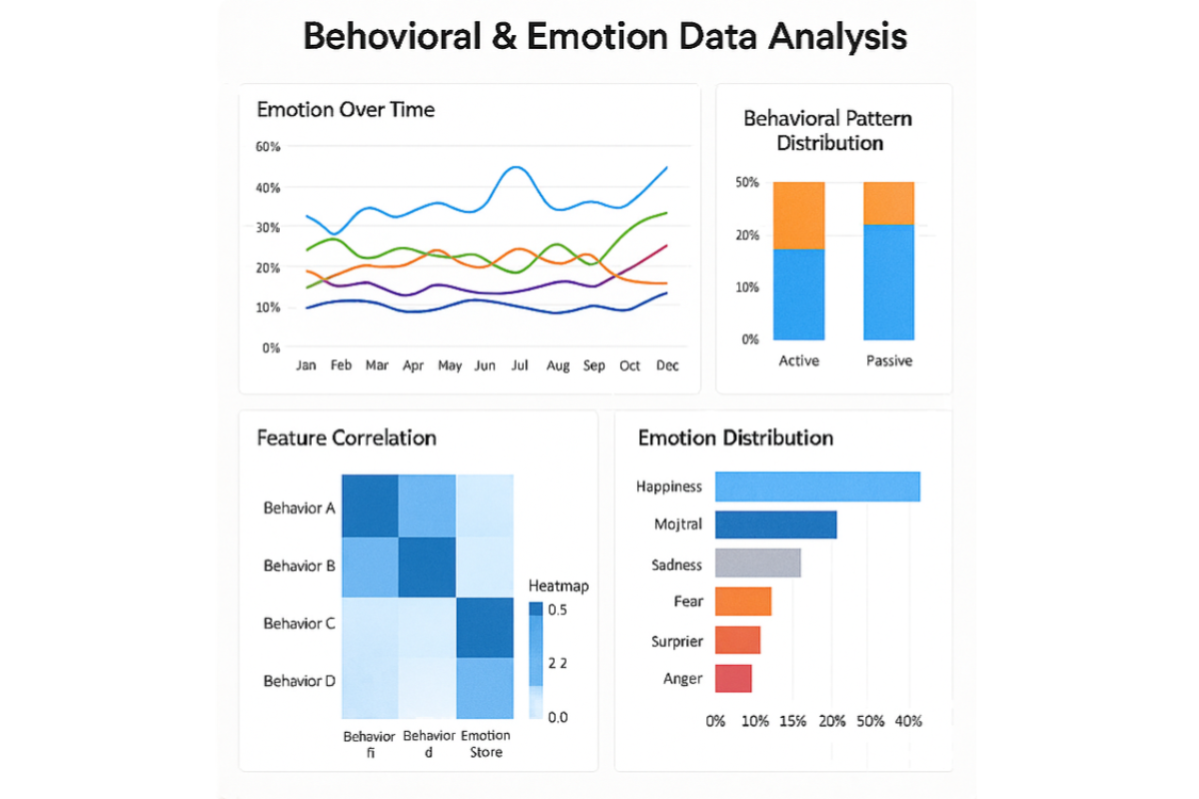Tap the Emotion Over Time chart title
346,110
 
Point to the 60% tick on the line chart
269,147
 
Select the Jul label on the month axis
520,366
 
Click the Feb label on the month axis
341,366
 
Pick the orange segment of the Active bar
799,215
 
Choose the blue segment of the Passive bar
888,282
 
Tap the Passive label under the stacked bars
888,361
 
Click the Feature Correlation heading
346,437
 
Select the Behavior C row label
299,623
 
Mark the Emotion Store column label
485,743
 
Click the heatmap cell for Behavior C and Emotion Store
486,627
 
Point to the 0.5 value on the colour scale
558,610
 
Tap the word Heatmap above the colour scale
558,586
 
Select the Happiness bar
817,486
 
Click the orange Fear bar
743,601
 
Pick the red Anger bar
733,678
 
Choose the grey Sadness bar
758,563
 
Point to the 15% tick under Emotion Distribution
792,720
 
